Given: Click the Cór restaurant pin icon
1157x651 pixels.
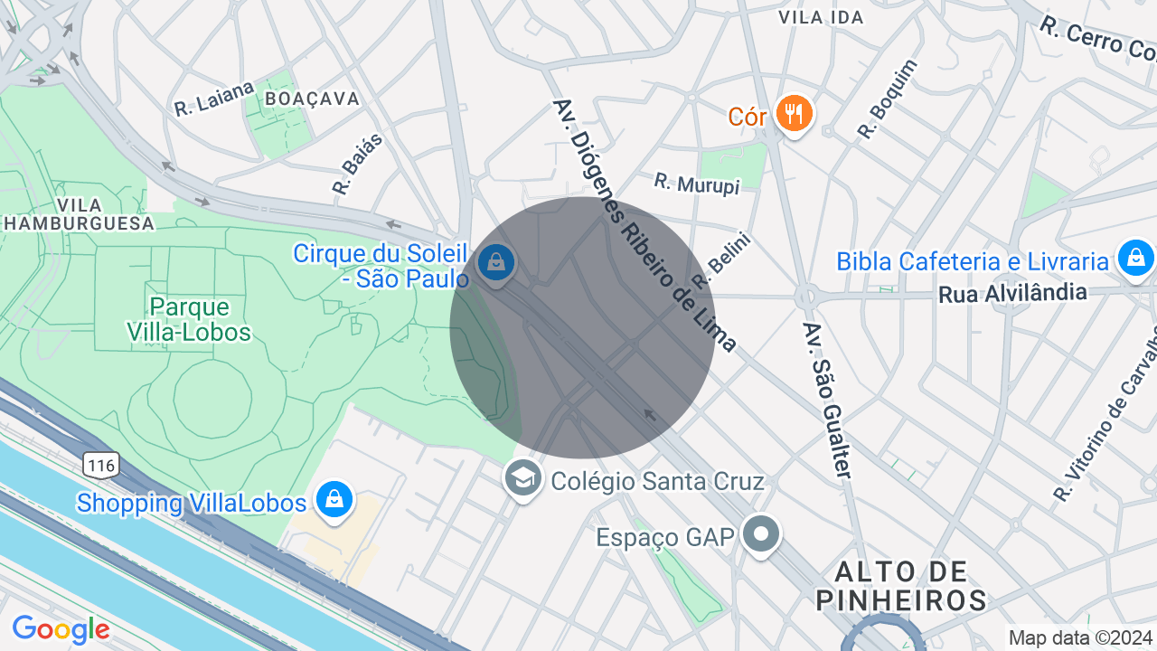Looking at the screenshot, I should (x=795, y=114).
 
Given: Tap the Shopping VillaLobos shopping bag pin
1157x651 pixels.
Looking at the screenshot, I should (x=334, y=499).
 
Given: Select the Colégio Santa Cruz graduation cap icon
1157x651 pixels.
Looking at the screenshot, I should (x=523, y=478).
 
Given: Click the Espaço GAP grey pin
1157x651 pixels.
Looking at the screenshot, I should (x=761, y=533).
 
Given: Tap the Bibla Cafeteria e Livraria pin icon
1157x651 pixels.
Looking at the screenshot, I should (x=1135, y=258).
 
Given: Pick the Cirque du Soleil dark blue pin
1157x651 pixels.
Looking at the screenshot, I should (x=495, y=263).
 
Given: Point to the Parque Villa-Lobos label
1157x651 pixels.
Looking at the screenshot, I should (x=188, y=320).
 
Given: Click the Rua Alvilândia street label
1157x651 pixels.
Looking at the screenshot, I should (x=1011, y=294).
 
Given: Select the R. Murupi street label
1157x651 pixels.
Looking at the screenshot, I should (x=697, y=184).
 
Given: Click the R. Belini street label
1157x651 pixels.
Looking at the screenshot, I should (x=721, y=258).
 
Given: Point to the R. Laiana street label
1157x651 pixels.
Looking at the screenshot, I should (x=215, y=98).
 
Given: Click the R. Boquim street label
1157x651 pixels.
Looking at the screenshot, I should (x=887, y=99).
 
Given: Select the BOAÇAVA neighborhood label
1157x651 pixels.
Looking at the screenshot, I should (x=313, y=99).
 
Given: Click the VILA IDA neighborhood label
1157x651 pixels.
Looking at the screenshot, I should (x=821, y=17).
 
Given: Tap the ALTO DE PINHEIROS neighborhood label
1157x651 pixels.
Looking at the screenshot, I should (x=901, y=585).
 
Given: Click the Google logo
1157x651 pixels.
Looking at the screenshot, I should (x=61, y=629).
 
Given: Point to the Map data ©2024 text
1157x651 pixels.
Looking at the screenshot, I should (x=1080, y=638).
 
